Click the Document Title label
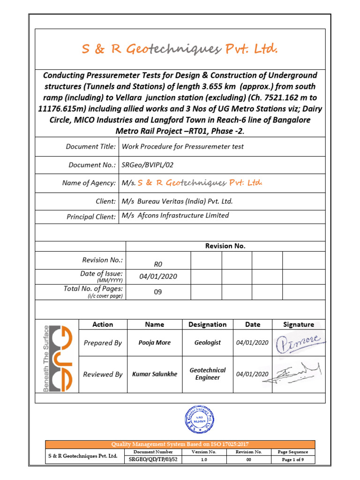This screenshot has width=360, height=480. tap(90, 147)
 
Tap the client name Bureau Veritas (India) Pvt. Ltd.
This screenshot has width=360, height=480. tap(177, 202)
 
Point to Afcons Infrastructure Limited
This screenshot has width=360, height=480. tap(175, 216)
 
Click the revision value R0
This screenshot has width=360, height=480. tap(158, 264)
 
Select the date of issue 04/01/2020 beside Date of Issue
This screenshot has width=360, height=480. tap(158, 277)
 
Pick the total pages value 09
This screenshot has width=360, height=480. tap(158, 292)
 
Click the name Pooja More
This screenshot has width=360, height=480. tap(155, 343)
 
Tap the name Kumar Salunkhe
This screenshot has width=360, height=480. tap(155, 374)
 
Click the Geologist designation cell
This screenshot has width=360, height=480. tap(207, 343)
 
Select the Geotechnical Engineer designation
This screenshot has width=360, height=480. tap(207, 374)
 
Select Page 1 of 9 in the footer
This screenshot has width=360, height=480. tap(292, 460)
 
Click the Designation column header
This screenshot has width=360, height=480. tap(207, 324)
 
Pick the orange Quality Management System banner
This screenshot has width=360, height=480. tap(180, 444)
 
